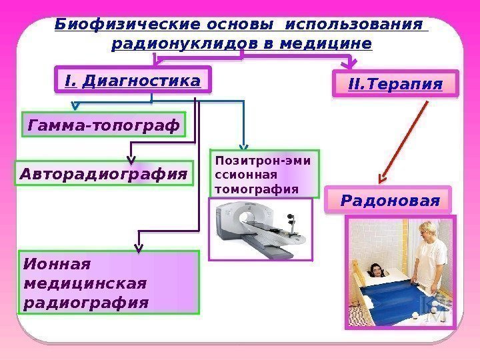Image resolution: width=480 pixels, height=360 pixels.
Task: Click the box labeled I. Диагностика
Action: (x=133, y=81)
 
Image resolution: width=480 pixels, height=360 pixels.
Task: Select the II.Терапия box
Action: (x=395, y=85)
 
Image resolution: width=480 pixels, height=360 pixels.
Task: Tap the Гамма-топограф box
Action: (x=104, y=125)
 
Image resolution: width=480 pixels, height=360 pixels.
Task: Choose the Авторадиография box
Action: (x=103, y=175)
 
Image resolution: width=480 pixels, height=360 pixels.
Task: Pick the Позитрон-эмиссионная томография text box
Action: (x=265, y=175)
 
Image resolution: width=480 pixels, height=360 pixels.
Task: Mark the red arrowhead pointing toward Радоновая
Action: (x=382, y=178)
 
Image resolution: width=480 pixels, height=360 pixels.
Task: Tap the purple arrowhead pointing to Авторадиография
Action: (x=131, y=161)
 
